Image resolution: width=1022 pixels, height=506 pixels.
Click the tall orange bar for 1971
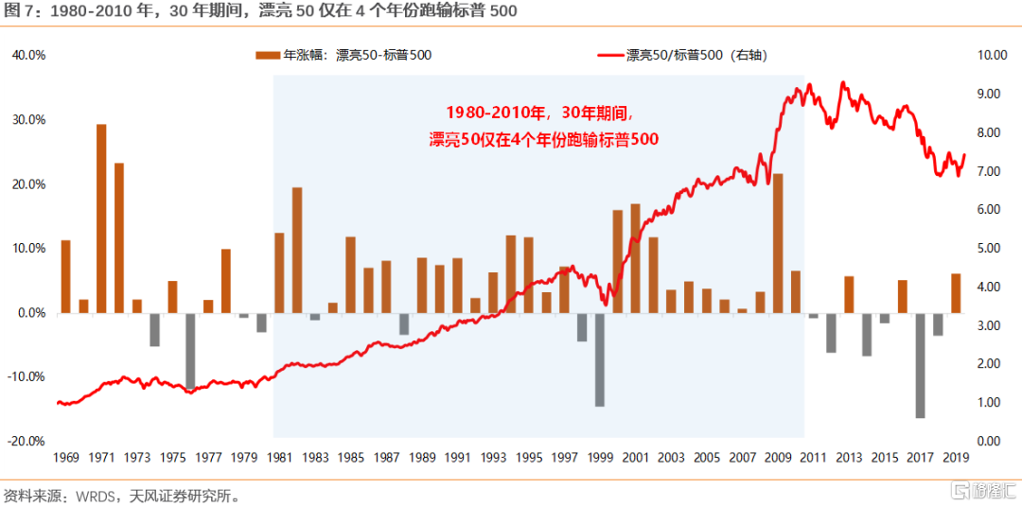tap(101, 218)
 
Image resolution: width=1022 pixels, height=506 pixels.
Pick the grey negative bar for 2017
tap(920, 365)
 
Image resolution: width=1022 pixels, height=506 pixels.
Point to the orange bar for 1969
tap(65, 276)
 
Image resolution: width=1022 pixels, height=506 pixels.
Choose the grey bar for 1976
tap(190, 351)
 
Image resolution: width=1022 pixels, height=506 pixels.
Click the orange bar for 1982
tap(297, 250)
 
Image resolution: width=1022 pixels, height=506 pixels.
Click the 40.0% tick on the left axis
tap(28, 55)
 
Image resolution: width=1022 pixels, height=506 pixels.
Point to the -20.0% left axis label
tap(28, 441)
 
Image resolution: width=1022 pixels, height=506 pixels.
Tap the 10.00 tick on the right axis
tap(991, 55)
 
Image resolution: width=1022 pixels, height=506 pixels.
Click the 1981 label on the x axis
tap(279, 458)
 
